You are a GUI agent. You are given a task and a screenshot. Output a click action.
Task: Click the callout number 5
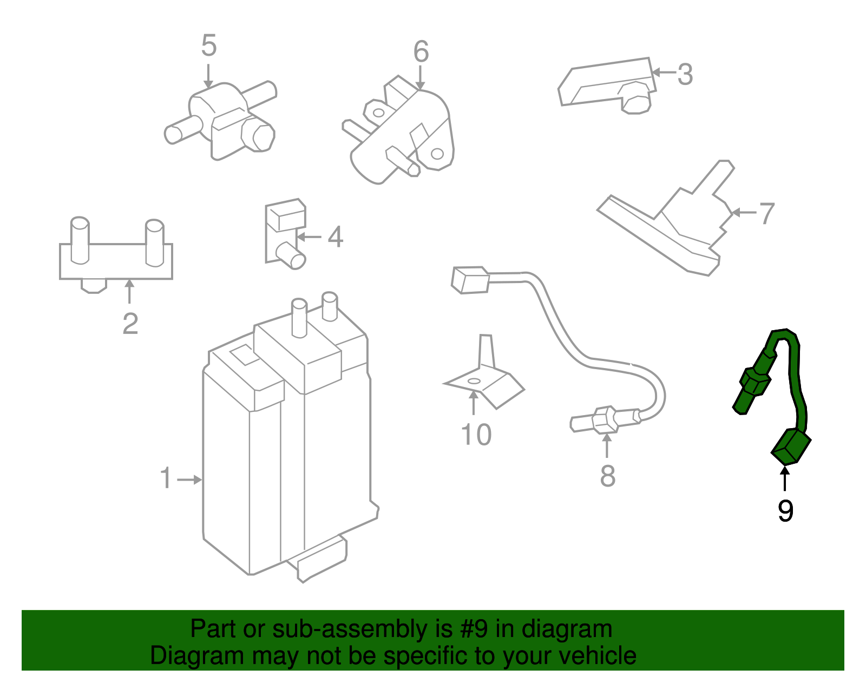click(x=208, y=45)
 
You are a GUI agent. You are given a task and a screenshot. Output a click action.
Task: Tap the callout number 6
click(x=421, y=52)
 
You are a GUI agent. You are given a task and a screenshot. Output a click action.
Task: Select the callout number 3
click(x=685, y=74)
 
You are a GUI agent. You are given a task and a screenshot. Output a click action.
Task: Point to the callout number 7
click(x=766, y=213)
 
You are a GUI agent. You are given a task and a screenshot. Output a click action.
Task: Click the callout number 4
click(x=336, y=237)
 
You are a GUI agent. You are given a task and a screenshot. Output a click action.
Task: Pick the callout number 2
click(x=130, y=324)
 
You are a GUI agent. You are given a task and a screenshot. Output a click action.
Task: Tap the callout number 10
click(x=476, y=435)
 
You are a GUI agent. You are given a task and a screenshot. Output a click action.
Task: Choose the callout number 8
click(x=607, y=476)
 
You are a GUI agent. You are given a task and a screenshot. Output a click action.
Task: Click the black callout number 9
click(x=785, y=510)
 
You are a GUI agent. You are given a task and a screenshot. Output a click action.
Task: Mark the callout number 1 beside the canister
click(x=166, y=479)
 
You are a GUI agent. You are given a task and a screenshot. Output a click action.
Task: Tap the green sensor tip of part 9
click(x=742, y=403)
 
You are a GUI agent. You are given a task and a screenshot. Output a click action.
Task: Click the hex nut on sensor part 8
click(x=604, y=420)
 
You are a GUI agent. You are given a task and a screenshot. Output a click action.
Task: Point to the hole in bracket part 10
click(x=474, y=381)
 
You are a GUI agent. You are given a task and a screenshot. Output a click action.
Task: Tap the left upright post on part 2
click(x=80, y=241)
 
